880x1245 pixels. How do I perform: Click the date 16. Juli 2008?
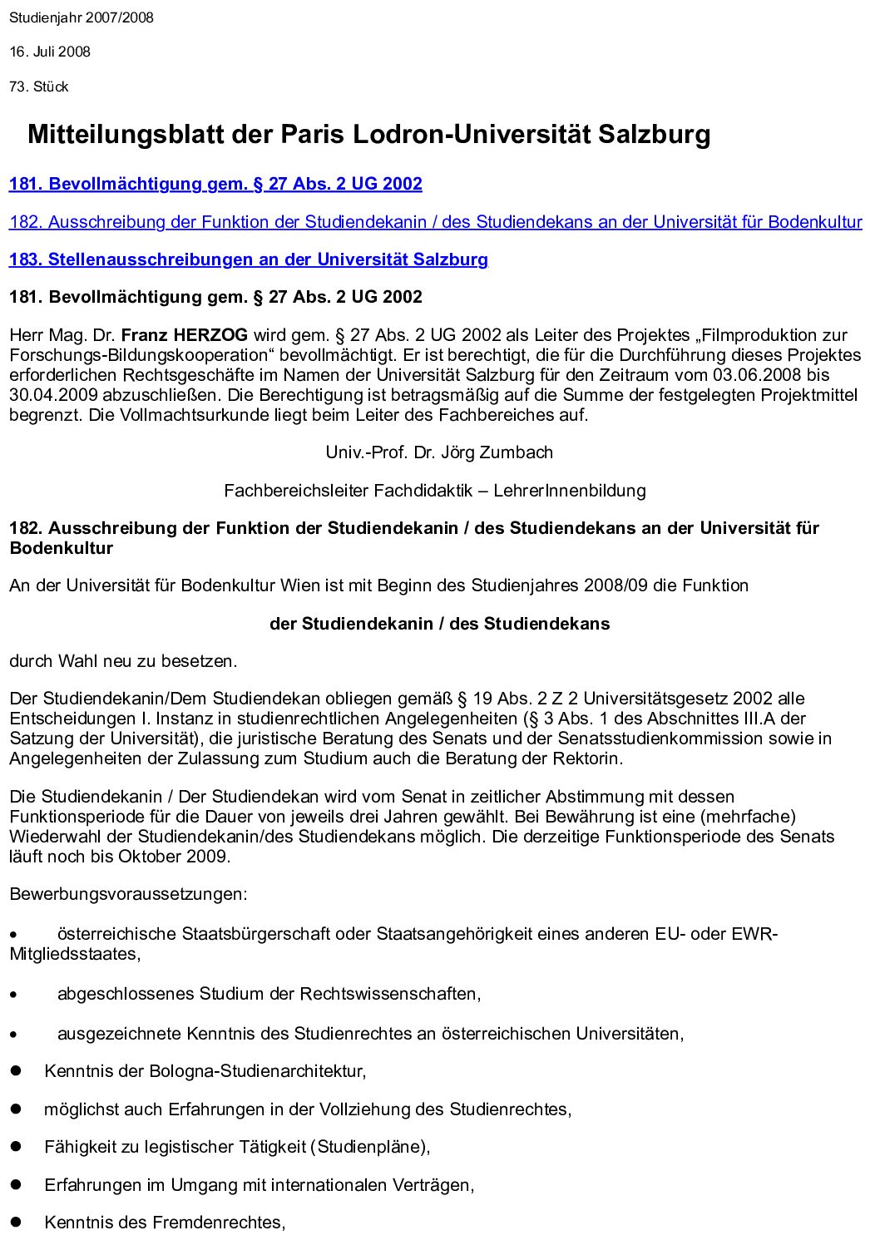50,52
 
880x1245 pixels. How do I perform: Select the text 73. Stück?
39,86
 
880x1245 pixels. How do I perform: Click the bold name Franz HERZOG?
185,335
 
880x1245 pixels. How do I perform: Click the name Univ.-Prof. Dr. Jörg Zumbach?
439,452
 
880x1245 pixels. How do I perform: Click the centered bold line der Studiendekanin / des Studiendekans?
439,624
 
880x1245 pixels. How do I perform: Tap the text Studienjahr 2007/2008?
82,17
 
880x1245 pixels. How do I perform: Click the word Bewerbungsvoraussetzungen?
128,895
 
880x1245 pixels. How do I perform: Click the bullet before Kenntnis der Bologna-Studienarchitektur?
15,1072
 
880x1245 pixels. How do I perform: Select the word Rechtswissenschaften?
388,994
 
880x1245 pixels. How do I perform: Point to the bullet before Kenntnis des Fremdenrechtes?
15,1223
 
